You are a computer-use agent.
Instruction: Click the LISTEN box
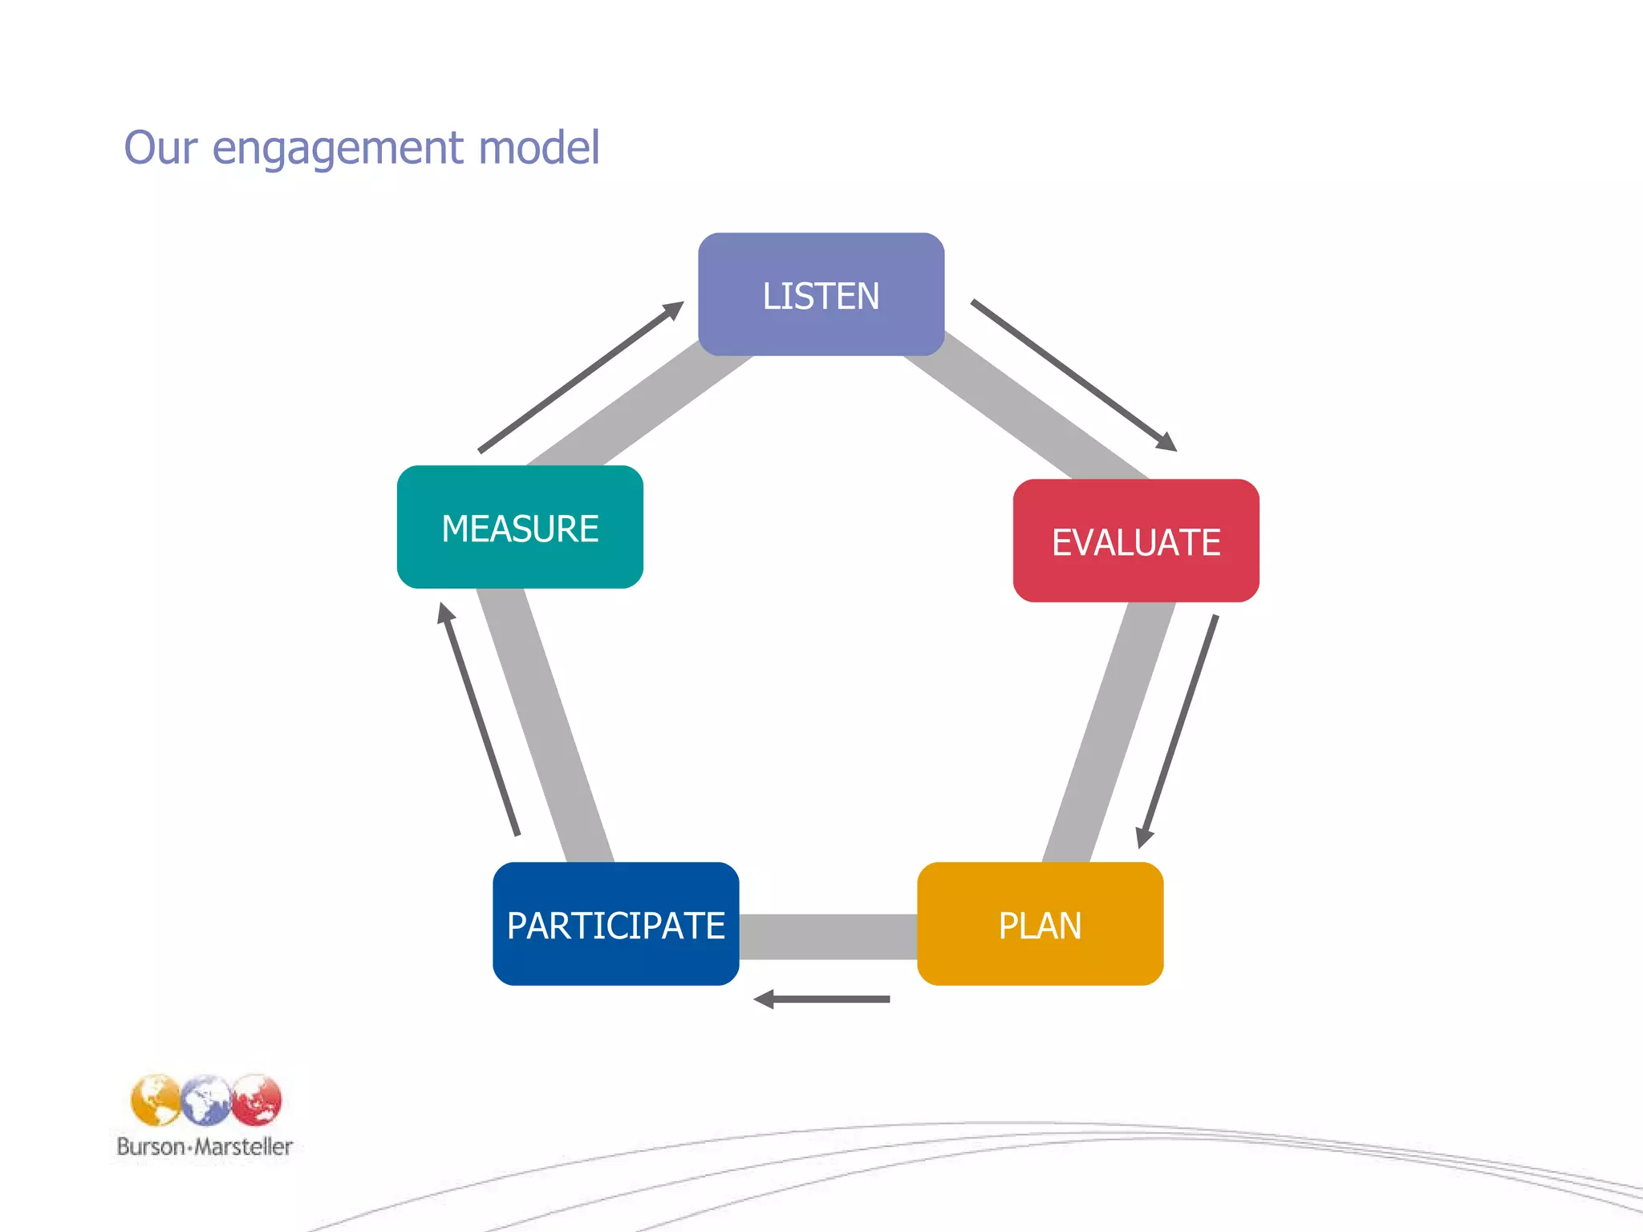click(x=821, y=294)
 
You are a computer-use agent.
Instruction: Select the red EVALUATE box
click(x=1136, y=541)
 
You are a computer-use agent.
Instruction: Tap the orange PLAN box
click(x=1040, y=924)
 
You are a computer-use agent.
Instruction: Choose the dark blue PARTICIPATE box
click(x=615, y=924)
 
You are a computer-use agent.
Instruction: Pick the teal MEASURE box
click(x=520, y=527)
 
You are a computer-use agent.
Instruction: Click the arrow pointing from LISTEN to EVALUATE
click(x=1073, y=375)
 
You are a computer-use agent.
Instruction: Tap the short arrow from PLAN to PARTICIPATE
click(x=822, y=999)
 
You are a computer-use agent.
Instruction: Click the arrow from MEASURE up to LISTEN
click(x=581, y=377)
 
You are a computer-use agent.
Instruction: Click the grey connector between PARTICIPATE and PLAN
click(x=828, y=937)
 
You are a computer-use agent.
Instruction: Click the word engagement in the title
click(x=338, y=148)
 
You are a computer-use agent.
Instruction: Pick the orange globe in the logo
click(x=156, y=1100)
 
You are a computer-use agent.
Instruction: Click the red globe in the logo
click(x=258, y=1100)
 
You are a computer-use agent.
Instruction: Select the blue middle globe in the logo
click(x=206, y=1100)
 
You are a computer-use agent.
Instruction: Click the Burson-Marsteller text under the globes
click(x=205, y=1146)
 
